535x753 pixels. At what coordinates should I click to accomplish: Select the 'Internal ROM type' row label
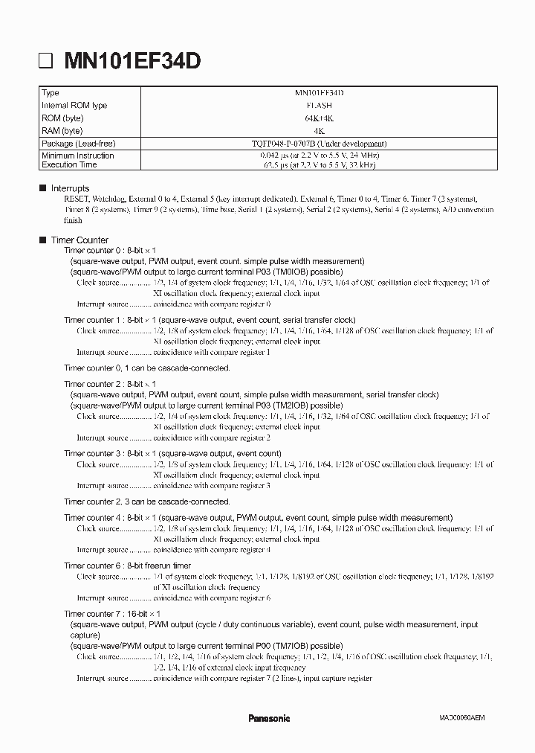coord(74,106)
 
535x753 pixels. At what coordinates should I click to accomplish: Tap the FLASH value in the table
coord(319,106)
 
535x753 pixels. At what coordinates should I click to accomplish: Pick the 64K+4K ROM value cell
coord(319,118)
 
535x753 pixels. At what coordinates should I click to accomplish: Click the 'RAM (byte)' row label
coord(62,130)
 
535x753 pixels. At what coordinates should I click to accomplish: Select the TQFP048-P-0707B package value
coord(319,143)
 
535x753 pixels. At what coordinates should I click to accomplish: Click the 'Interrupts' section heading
coord(70,189)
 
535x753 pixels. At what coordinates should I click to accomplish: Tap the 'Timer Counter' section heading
coord(80,240)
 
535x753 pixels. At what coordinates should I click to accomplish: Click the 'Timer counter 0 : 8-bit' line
coord(109,251)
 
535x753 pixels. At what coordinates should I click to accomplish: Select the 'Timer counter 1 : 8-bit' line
coord(109,319)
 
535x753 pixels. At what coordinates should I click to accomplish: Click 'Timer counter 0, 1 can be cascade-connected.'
coord(147,368)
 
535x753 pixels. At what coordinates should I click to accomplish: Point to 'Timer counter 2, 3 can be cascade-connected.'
coord(147,502)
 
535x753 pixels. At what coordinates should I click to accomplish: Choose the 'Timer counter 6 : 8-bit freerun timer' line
coord(128,565)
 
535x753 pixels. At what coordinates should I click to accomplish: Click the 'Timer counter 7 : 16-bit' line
coord(111,614)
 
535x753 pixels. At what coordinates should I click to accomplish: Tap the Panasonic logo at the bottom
coord(269,718)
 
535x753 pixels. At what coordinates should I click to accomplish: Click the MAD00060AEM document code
coord(461,719)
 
